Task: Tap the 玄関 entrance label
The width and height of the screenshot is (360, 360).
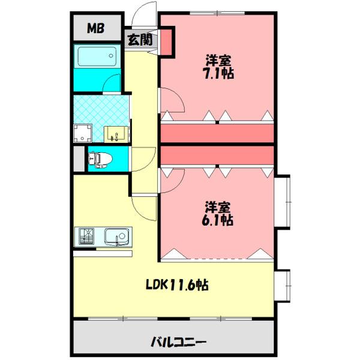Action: pos(139,40)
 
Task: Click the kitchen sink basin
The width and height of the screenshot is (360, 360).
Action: pos(115,238)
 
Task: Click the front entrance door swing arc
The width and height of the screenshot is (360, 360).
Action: pos(142,13)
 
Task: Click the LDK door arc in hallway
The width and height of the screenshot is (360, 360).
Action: pos(144,208)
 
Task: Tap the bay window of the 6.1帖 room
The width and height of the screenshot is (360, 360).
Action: pos(285,204)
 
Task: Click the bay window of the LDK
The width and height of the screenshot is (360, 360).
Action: pos(285,287)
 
